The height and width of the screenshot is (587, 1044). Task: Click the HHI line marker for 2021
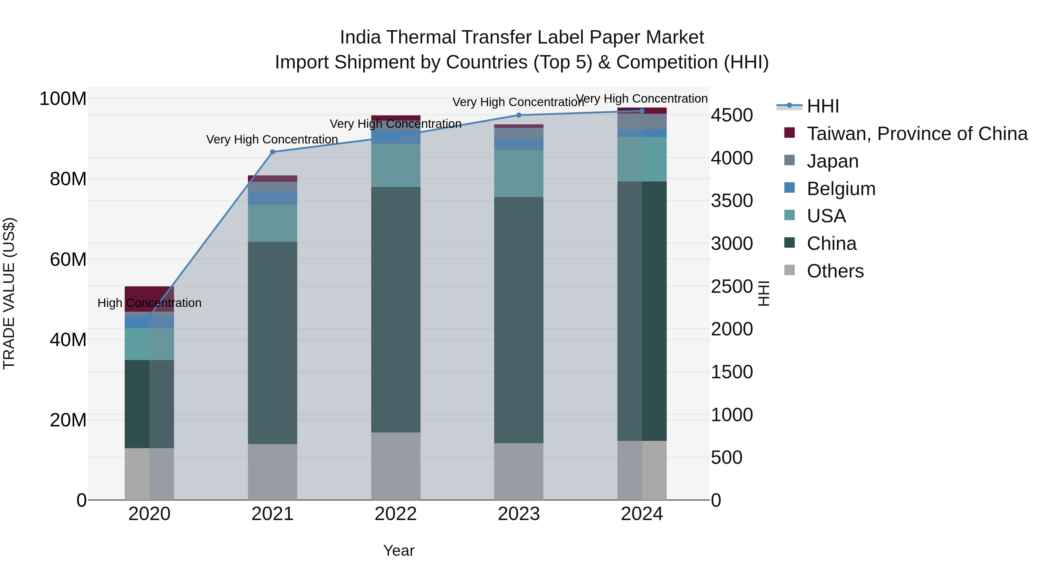pyautogui.click(x=272, y=152)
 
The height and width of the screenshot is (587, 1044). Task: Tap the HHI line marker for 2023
pyautogui.click(x=519, y=115)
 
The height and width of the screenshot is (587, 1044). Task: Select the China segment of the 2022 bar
pyautogui.click(x=396, y=310)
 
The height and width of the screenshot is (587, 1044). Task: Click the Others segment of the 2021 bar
pyautogui.click(x=272, y=472)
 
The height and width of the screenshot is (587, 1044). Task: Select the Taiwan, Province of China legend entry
pyautogui.click(x=917, y=134)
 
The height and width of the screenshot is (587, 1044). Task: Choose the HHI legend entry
pyautogui.click(x=823, y=106)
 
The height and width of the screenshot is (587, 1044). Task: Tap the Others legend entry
pyautogui.click(x=835, y=271)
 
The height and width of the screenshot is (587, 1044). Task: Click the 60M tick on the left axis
pyautogui.click(x=68, y=259)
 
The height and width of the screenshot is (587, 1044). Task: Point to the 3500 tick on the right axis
pyautogui.click(x=732, y=201)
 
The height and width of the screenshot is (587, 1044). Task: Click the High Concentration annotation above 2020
pyautogui.click(x=149, y=303)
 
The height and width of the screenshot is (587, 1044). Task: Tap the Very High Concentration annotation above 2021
pyautogui.click(x=272, y=139)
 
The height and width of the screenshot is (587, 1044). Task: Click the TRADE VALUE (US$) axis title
pyautogui.click(x=9, y=293)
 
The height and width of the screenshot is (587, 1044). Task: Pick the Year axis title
pyautogui.click(x=399, y=550)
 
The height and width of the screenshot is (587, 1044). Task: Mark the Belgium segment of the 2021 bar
pyautogui.click(x=272, y=198)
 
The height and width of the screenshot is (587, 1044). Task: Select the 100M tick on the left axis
pyautogui.click(x=63, y=99)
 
